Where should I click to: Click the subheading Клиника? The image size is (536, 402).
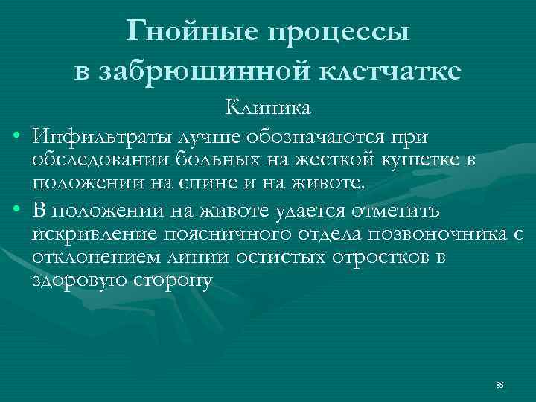[x=269, y=109]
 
